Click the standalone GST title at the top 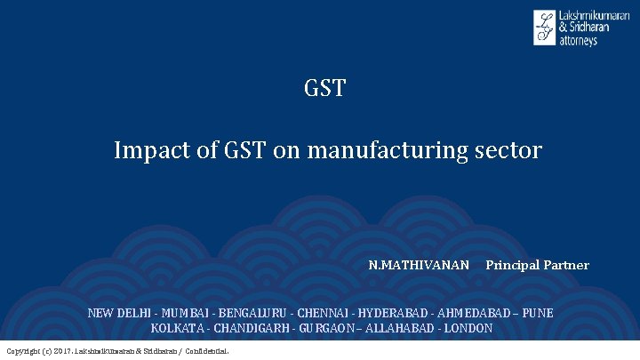coord(324,89)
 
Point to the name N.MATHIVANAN coord(419,265)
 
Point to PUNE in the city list coord(538,313)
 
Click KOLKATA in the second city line coord(175,328)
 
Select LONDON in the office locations coord(468,328)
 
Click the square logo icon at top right coord(544,28)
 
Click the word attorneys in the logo coord(578,41)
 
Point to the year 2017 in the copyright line coord(63,351)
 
